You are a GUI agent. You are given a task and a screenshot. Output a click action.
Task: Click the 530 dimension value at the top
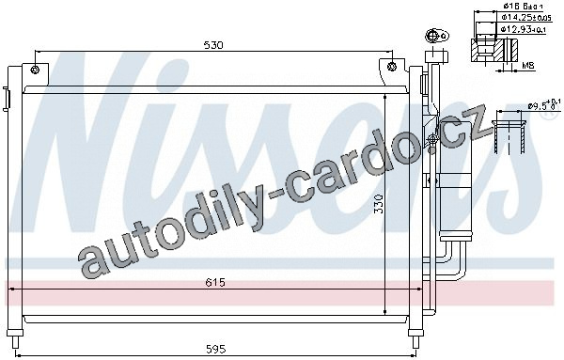(213, 45)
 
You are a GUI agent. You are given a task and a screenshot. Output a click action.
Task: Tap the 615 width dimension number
(215, 282)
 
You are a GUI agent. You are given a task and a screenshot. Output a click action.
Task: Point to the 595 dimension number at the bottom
(216, 349)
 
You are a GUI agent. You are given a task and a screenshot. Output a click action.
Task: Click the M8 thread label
(528, 66)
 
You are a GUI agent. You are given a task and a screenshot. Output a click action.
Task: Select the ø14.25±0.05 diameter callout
(526, 17)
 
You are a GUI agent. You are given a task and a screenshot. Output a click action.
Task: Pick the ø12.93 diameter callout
(524, 29)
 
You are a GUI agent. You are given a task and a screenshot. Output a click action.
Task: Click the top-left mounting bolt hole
(35, 70)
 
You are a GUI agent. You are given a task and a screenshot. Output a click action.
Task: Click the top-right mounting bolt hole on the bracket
(392, 67)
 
